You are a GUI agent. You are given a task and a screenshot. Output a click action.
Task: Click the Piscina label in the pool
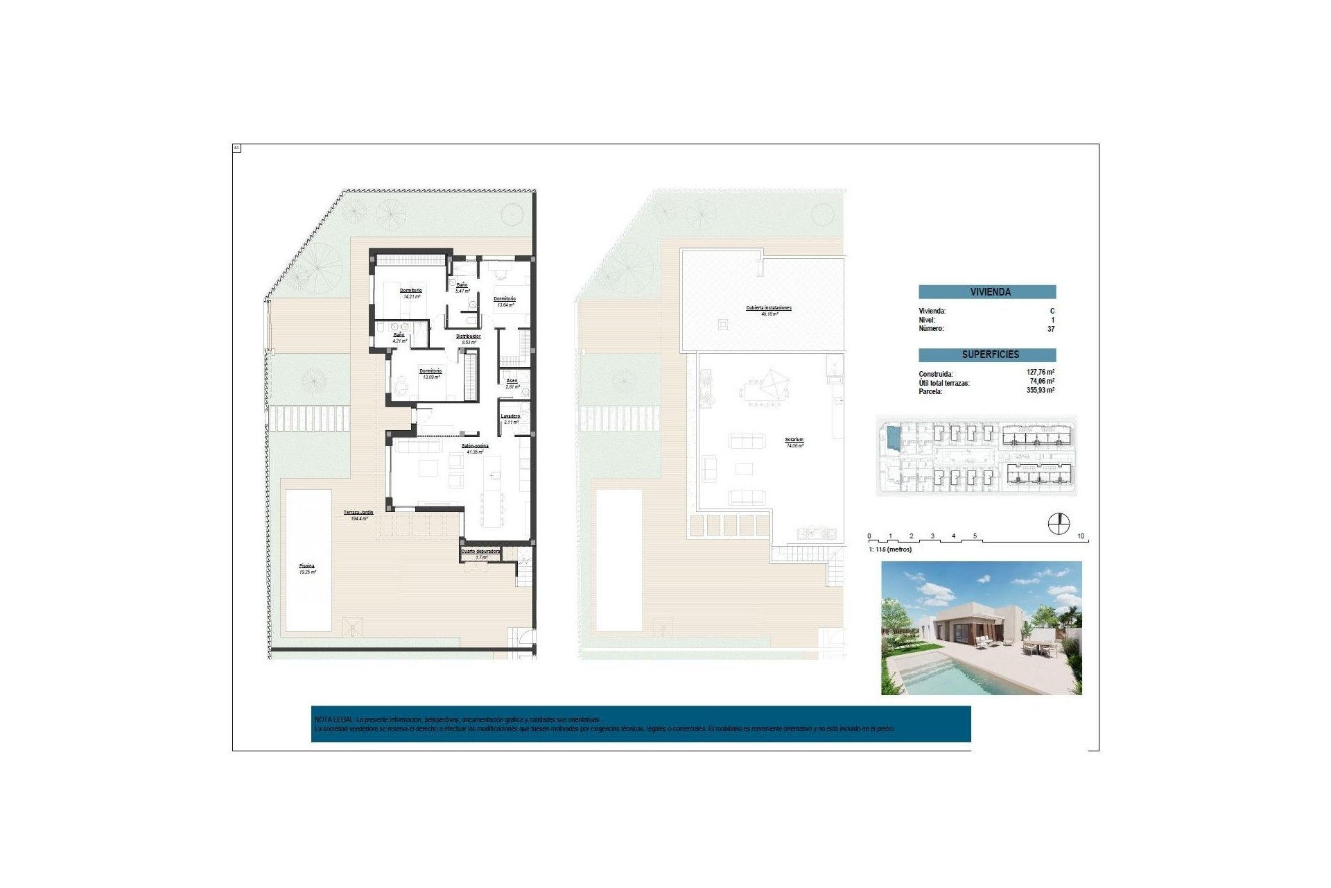[x=307, y=566]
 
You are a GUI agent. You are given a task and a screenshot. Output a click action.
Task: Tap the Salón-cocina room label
[x=475, y=446]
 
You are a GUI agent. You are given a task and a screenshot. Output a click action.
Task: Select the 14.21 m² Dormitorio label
[x=411, y=291]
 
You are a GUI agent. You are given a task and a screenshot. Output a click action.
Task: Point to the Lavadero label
[x=510, y=416]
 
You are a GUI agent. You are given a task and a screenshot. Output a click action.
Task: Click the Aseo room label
[x=512, y=381]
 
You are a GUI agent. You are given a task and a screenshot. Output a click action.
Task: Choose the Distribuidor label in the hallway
[x=469, y=336]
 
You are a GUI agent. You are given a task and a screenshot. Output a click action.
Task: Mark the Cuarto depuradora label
[x=481, y=552]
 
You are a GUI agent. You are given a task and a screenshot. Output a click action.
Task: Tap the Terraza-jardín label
[x=358, y=513]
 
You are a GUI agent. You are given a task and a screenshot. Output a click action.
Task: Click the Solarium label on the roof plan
[x=794, y=440]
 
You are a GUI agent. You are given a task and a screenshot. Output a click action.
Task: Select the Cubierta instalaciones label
[x=769, y=308]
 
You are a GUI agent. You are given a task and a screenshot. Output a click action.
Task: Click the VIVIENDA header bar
[x=987, y=292]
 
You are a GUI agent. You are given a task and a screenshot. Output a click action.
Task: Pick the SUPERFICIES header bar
[x=987, y=355]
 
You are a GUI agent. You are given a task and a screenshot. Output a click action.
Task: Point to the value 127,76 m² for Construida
[x=1041, y=373]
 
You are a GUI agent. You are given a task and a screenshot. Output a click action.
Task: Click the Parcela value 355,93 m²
[x=1041, y=391]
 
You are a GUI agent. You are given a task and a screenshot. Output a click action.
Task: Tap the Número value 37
[x=1051, y=329]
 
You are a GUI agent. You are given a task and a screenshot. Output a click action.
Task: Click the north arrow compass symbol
[x=1059, y=524]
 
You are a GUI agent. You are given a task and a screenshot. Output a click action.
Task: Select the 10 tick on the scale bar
[x=1081, y=536]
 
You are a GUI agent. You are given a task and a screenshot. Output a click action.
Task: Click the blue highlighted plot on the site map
[x=894, y=438]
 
